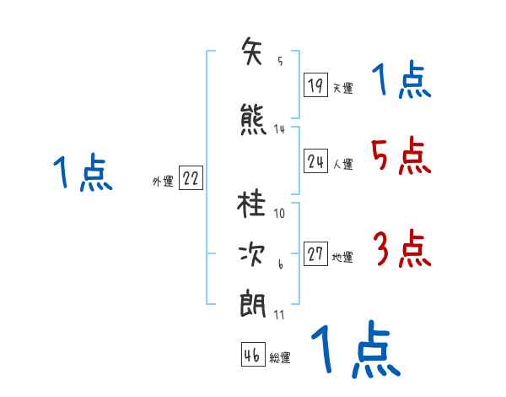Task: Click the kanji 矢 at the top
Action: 253,53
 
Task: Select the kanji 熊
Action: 253,119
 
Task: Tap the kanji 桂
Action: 253,207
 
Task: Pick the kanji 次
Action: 253,254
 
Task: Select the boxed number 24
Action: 316,160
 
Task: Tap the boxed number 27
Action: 316,253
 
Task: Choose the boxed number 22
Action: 191,178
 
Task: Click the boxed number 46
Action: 253,355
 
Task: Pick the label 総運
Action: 280,358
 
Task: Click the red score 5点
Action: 400,155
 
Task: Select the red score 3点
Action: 401,250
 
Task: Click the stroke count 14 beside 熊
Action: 279,128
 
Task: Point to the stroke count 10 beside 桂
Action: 280,213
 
